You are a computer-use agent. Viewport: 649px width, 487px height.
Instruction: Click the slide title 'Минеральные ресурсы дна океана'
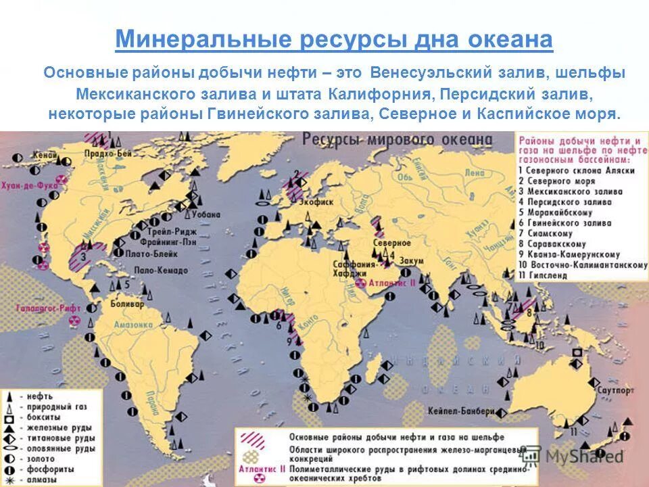(x=333, y=40)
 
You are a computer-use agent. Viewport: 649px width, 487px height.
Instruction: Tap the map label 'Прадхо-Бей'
(x=108, y=153)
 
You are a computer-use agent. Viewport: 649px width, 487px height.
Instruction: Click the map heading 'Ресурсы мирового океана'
(x=398, y=140)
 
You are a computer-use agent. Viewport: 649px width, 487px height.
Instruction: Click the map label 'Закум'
(x=411, y=261)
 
